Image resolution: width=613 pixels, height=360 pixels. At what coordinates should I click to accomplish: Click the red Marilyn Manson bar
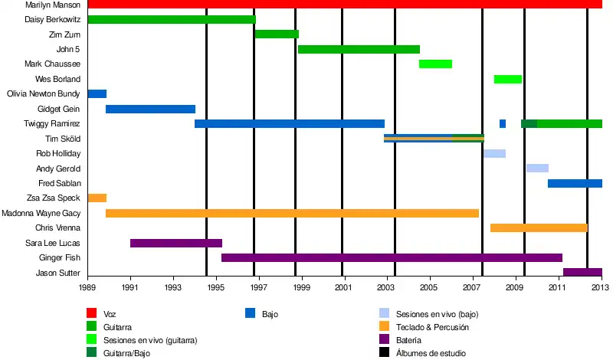click(x=345, y=5)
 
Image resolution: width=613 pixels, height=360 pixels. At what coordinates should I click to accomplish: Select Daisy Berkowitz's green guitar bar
click(x=172, y=19)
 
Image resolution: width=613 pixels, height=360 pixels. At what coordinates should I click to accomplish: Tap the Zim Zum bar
click(x=276, y=34)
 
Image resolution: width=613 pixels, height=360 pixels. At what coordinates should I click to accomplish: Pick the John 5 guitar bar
click(x=359, y=49)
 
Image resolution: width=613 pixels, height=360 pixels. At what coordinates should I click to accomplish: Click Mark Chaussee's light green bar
click(x=435, y=64)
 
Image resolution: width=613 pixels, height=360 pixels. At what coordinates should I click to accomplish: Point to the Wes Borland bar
click(x=507, y=79)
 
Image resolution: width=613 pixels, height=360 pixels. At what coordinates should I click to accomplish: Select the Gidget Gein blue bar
click(x=150, y=109)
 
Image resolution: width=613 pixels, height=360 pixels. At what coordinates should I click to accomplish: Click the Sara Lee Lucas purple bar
click(x=176, y=243)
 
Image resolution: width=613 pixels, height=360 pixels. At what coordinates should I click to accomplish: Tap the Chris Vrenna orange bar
click(x=539, y=228)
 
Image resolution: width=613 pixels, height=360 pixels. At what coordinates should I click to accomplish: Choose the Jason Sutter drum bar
click(x=582, y=273)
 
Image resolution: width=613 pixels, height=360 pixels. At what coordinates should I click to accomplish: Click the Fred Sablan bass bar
click(x=575, y=183)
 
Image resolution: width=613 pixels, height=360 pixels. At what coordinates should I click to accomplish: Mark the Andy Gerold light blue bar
click(x=537, y=169)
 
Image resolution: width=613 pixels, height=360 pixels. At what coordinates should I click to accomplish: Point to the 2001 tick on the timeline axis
click(x=343, y=278)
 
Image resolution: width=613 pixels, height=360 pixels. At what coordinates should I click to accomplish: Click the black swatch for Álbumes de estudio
click(x=385, y=353)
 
